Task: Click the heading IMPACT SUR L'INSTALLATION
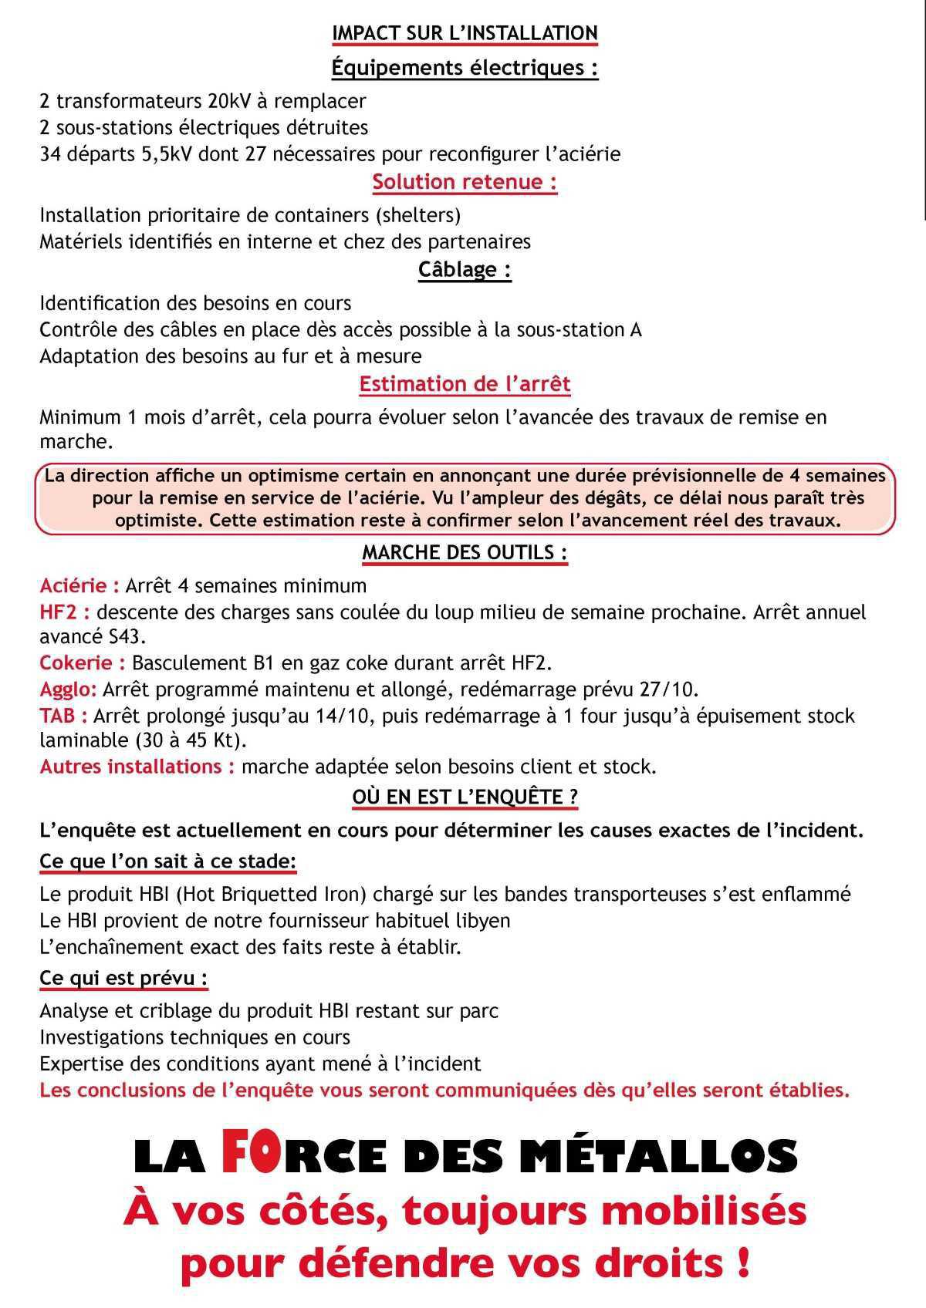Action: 465,33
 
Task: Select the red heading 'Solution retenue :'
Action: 465,182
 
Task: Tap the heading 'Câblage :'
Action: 465,270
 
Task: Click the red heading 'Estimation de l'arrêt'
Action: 465,383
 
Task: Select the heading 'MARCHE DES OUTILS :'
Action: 465,552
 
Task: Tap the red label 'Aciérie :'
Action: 79,585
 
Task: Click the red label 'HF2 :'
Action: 65,612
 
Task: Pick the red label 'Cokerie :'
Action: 83,663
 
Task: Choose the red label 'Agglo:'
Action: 69,689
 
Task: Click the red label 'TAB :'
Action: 63,716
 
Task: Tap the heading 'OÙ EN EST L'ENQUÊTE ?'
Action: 465,797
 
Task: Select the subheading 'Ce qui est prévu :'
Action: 123,978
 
